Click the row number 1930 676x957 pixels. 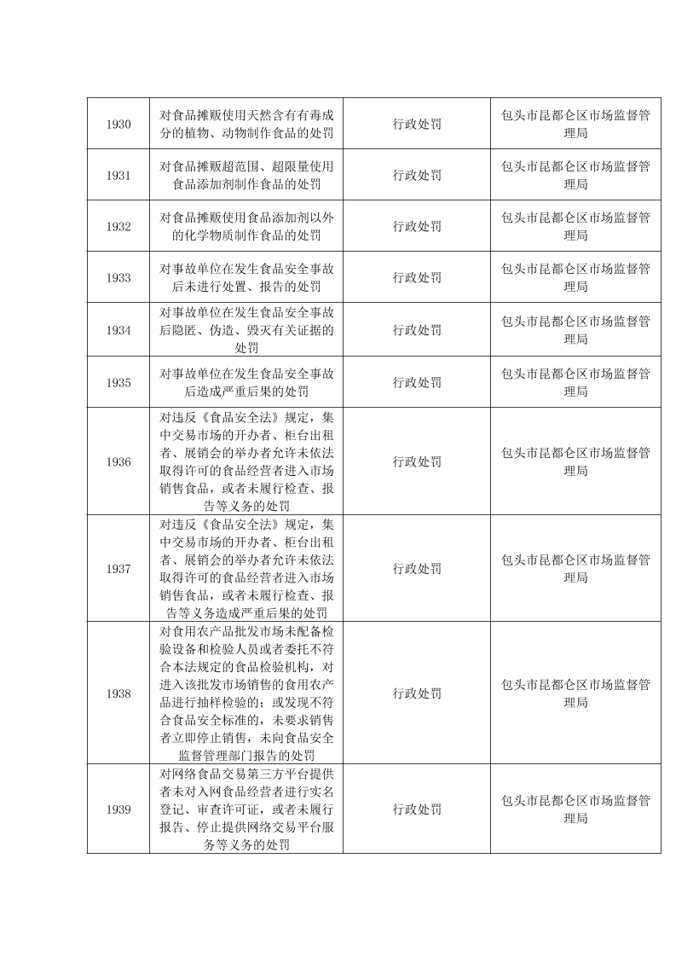[x=118, y=125]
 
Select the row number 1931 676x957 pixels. [x=118, y=175]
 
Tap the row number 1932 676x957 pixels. [x=118, y=226]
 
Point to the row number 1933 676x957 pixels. [x=118, y=277]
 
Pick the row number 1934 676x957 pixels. [x=118, y=330]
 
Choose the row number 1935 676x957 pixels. [x=118, y=382]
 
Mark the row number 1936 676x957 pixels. [x=118, y=461]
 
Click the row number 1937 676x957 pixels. [x=118, y=569]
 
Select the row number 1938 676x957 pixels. [x=118, y=693]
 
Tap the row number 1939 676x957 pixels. [x=118, y=809]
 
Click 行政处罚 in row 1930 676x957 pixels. [x=417, y=125]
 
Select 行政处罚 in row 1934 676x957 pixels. [x=417, y=330]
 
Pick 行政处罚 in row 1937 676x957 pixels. [x=417, y=569]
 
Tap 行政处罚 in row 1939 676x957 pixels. [x=417, y=809]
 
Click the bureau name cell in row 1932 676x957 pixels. [x=575, y=226]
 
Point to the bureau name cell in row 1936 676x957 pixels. [x=575, y=461]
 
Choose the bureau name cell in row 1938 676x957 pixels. [x=575, y=693]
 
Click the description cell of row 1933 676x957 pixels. [x=246, y=277]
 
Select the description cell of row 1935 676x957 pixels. [x=246, y=382]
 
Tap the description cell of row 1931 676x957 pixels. [x=246, y=175]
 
